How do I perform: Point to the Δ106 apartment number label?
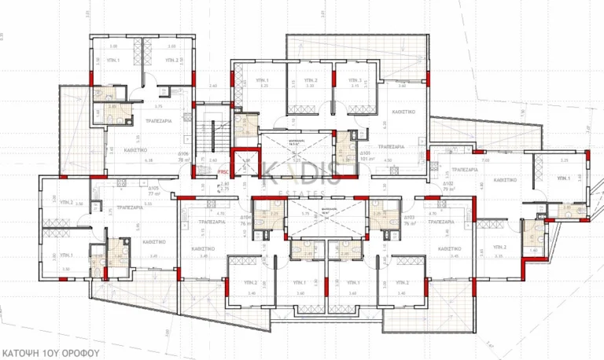(x=183, y=154)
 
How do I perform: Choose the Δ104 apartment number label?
(x=245, y=216)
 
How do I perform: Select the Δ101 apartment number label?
(x=365, y=153)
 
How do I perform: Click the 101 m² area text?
(x=365, y=159)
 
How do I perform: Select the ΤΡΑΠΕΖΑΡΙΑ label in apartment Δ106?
(x=160, y=121)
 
